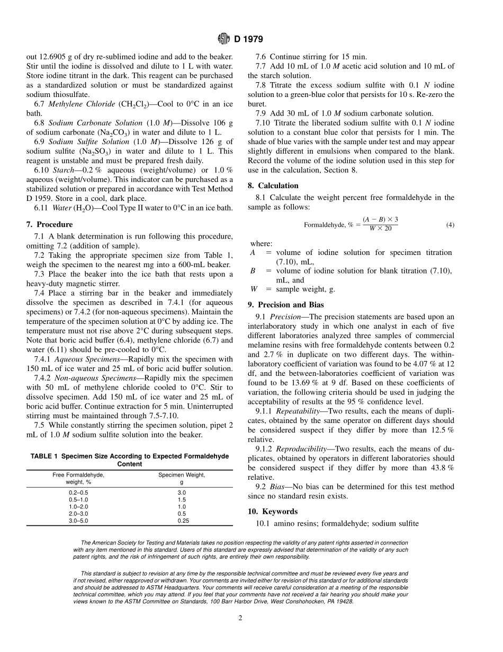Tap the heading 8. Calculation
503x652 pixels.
coord(273,186)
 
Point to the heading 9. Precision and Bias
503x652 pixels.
coord(286,305)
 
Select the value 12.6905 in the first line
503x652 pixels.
coord(52,56)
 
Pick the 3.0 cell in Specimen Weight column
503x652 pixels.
coord(182,492)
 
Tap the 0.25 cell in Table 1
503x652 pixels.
coord(182,521)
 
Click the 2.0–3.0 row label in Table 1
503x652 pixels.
coord(78,514)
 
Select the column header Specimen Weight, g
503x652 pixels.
coord(182,479)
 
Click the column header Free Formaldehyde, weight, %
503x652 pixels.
coord(78,479)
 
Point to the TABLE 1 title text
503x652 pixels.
coord(130,460)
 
